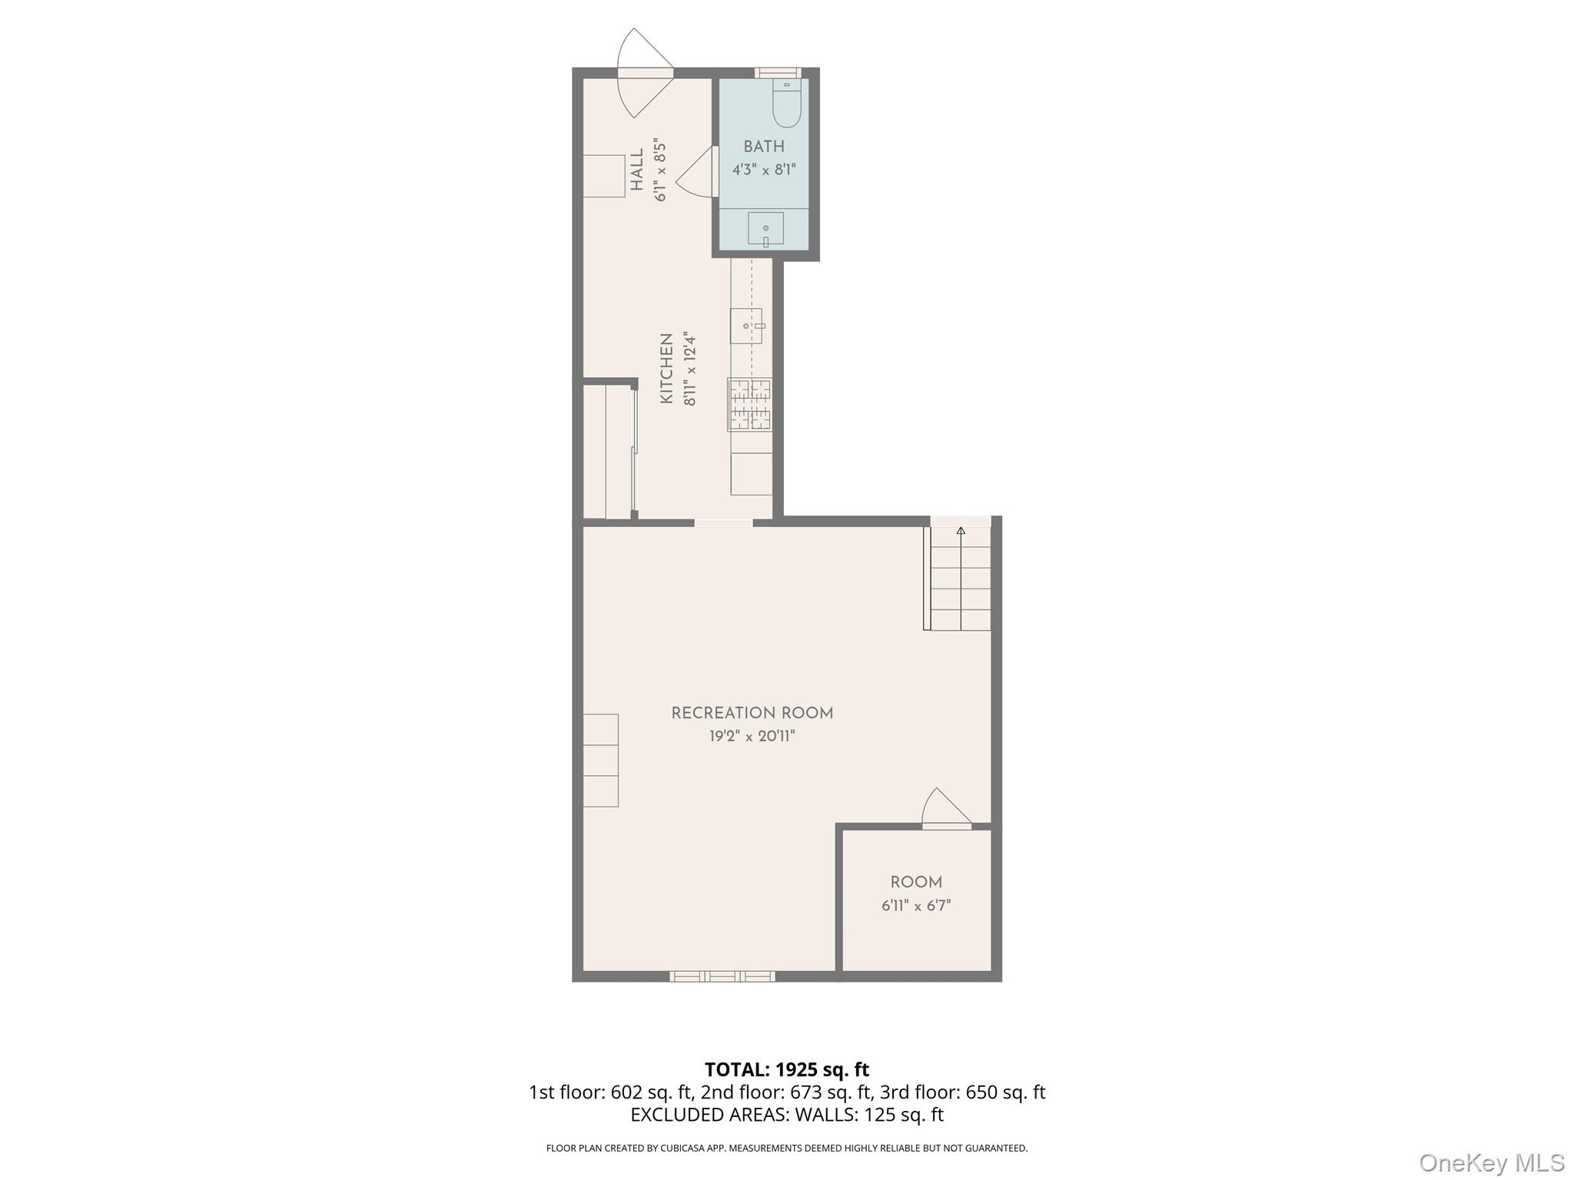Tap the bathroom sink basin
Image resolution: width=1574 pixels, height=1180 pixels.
coord(765,228)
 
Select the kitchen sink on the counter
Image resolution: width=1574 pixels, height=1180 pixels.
coord(745,326)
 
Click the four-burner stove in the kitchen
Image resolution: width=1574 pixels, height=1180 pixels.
coord(750,404)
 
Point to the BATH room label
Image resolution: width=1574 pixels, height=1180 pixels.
coord(764,147)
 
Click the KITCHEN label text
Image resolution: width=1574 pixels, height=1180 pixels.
coord(666,368)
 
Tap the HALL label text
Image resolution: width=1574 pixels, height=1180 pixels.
coord(637,170)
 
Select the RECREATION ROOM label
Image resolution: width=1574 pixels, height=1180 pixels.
coord(752,713)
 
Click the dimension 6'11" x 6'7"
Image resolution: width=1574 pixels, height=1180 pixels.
coord(916,906)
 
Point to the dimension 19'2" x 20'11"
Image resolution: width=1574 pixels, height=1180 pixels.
coord(752,736)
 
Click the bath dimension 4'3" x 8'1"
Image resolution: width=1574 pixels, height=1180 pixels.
coord(764,170)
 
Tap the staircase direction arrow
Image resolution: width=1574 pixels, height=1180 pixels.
coord(961,530)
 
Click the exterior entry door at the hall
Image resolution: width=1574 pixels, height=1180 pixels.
coord(646,73)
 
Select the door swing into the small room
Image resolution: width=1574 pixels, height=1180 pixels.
coord(946,810)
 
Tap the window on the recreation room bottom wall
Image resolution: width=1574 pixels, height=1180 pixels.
coord(722,976)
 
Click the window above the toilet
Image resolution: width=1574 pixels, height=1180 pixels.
coord(778,73)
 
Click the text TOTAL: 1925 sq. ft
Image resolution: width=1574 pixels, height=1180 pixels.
coord(786,1069)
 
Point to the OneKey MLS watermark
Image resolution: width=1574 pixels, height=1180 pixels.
coord(1491,1162)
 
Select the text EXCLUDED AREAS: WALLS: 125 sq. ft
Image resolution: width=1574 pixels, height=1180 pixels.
coord(786,1115)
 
